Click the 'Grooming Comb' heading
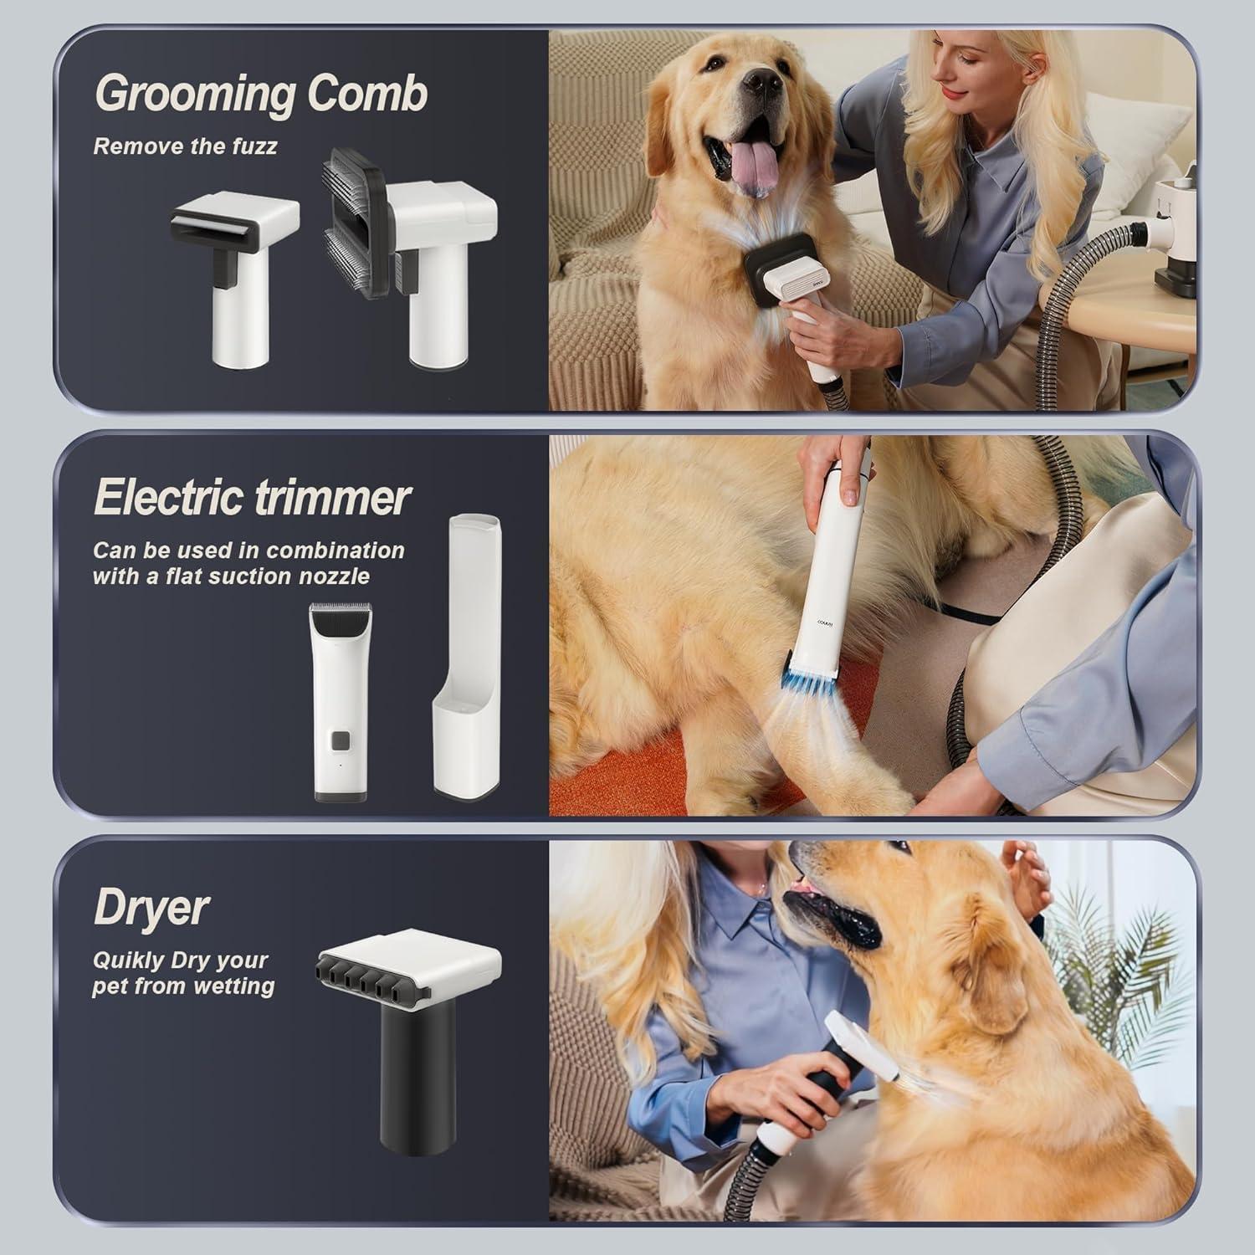[260, 94]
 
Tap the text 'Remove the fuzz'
[185, 146]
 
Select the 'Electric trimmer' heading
[252, 498]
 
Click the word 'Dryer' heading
[151, 906]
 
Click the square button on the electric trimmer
[339, 740]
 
